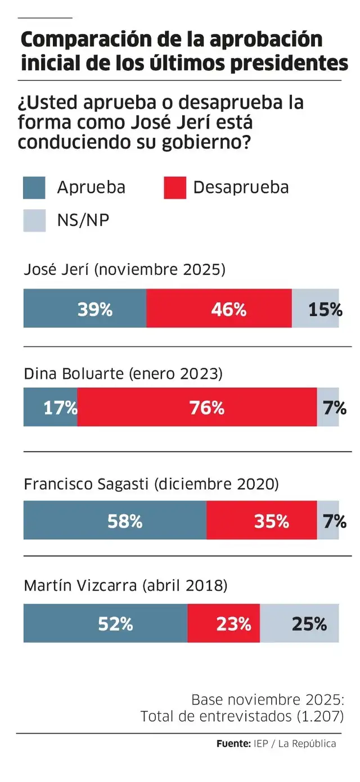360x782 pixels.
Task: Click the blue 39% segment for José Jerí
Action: click(84, 309)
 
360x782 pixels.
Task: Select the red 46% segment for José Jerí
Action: click(219, 309)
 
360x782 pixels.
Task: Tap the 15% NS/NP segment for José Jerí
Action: click(316, 309)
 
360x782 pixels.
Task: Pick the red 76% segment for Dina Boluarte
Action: click(197, 407)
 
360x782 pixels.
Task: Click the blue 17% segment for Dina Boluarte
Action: click(50, 407)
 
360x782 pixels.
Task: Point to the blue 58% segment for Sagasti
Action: click(115, 521)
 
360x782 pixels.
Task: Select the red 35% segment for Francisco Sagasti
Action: click(262, 521)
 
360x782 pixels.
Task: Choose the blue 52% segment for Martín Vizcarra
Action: click(105, 623)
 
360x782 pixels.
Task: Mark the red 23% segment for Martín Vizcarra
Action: click(223, 623)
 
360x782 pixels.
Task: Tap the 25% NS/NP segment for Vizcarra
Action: click(300, 623)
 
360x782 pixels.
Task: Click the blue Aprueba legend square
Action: click(34, 188)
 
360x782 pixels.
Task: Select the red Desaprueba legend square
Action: click(175, 188)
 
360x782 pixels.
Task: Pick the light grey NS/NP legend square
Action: click(34, 220)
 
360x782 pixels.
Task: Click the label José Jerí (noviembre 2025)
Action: click(124, 270)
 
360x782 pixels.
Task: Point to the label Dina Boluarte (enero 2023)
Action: click(123, 374)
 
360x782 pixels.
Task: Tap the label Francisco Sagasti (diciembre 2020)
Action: click(151, 484)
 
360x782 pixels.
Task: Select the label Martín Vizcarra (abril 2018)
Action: click(125, 586)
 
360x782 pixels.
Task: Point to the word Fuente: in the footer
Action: click(233, 744)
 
